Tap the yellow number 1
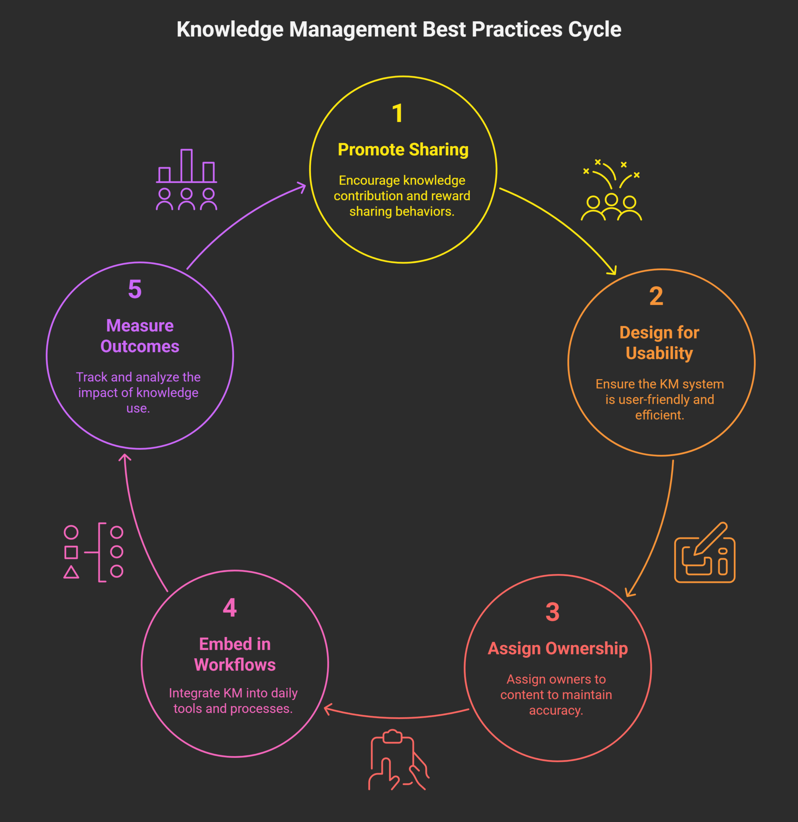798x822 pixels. pyautogui.click(x=397, y=114)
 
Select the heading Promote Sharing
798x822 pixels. pyautogui.click(x=403, y=150)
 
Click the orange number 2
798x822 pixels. pyautogui.click(x=656, y=297)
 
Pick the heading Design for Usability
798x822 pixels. pyautogui.click(x=659, y=343)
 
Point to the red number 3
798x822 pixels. pyautogui.click(x=553, y=612)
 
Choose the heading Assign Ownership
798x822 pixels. pyautogui.click(x=557, y=648)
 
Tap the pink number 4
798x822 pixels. pyautogui.click(x=229, y=608)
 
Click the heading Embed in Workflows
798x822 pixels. pyautogui.click(x=235, y=654)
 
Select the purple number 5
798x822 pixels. pyautogui.click(x=135, y=289)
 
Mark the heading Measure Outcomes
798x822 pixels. pyautogui.click(x=140, y=336)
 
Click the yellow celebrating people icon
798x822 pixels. pyautogui.click(x=611, y=191)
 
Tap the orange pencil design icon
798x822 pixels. pyautogui.click(x=704, y=553)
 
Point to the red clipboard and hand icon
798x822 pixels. pyautogui.click(x=398, y=760)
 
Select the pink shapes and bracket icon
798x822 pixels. pyautogui.click(x=93, y=552)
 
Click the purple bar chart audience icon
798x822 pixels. pyautogui.click(x=186, y=179)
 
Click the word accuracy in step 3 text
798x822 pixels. pyautogui.click(x=556, y=710)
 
